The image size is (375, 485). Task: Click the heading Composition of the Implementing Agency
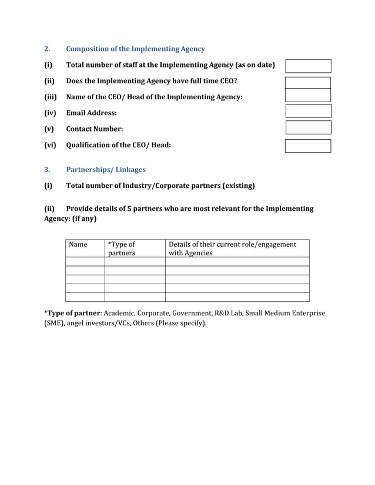pos(135,49)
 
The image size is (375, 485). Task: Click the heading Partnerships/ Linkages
pos(106,170)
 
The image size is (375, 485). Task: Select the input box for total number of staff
pos(308,66)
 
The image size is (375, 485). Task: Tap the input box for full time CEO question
pos(308,82)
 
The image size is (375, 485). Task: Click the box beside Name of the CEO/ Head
pos(308,95)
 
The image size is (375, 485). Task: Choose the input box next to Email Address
pos(308,111)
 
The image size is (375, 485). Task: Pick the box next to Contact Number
pos(308,127)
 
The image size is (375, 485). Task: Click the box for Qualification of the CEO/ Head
pos(308,146)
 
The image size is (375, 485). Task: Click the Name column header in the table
pos(78,244)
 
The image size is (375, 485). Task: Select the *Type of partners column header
pos(121,248)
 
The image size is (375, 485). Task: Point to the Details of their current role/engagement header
pos(232,248)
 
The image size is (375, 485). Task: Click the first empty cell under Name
pos(85,262)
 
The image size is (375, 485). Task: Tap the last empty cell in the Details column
pos(237,297)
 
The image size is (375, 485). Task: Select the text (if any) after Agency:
pos(85,218)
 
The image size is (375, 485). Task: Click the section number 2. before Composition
pos(48,49)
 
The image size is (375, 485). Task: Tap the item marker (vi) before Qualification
pos(50,145)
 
